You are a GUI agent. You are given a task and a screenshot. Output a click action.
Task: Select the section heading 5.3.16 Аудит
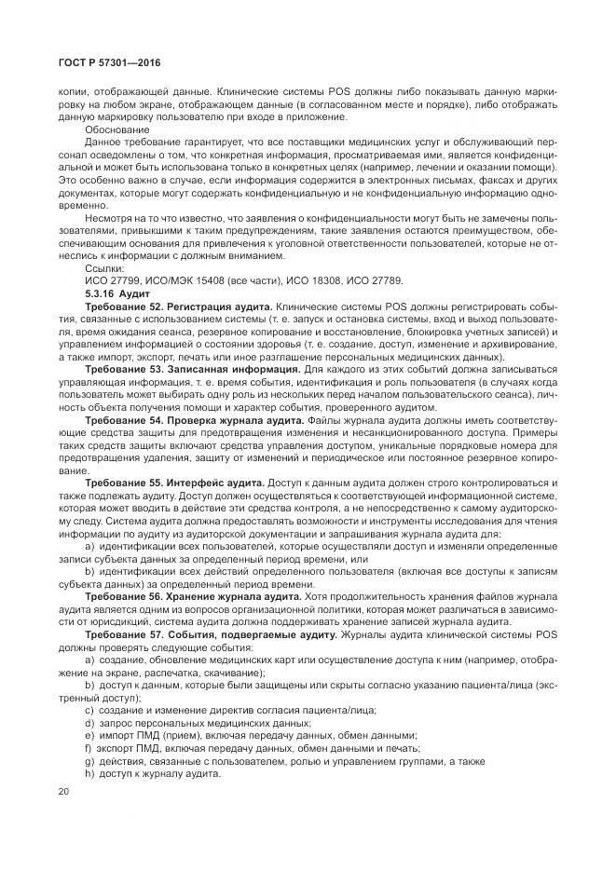[x=111, y=293]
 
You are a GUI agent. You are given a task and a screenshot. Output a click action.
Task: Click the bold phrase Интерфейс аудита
[x=215, y=484]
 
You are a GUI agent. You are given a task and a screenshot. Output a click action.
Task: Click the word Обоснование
[x=111, y=129]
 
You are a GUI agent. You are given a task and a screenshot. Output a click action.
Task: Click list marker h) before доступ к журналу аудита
[x=89, y=774]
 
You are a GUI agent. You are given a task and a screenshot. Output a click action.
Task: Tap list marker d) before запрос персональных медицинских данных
[x=89, y=722]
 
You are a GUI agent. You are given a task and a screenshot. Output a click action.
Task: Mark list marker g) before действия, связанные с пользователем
[x=89, y=761]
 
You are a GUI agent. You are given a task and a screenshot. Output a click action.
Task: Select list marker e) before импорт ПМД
[x=89, y=735]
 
